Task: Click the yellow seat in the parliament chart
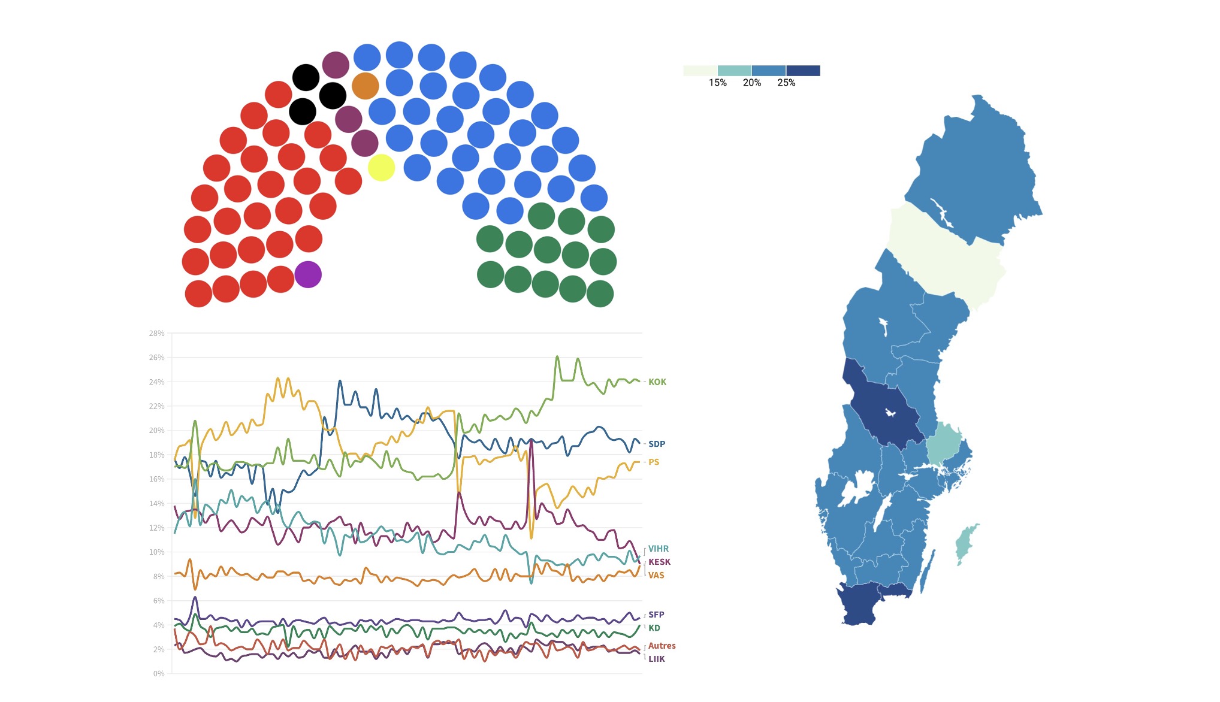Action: (x=381, y=167)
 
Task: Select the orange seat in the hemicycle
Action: (x=365, y=86)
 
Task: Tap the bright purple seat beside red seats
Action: (x=308, y=274)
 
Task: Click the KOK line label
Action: (x=657, y=382)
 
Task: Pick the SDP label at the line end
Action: (x=656, y=444)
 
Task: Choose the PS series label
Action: (x=653, y=462)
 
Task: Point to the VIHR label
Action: (x=658, y=549)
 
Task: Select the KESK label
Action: (x=659, y=562)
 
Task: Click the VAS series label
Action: (x=656, y=575)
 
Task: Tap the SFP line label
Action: (x=656, y=615)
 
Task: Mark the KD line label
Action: (x=654, y=628)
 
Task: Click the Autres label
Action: (x=662, y=646)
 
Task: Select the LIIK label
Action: (x=656, y=659)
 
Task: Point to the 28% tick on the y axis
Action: (x=156, y=334)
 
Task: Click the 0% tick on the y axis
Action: (x=158, y=674)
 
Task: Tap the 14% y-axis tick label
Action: (x=156, y=504)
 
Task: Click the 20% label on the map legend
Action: (x=751, y=83)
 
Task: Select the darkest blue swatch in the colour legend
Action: (x=803, y=71)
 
